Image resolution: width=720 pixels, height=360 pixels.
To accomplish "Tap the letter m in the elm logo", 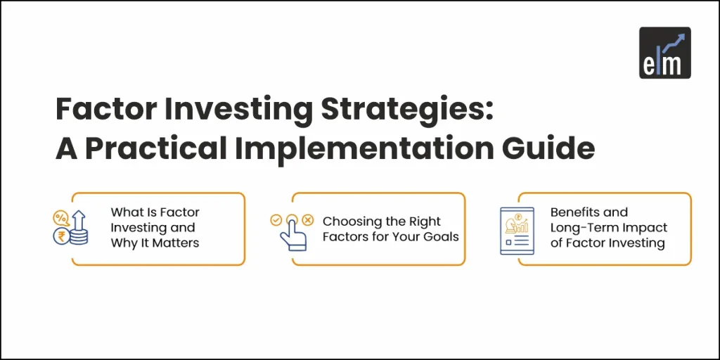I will click(x=674, y=64).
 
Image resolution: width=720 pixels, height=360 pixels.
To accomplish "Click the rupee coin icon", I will click(x=60, y=237).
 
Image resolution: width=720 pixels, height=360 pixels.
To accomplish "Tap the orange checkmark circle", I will click(x=276, y=219).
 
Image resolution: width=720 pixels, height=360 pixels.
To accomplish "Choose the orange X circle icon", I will click(x=307, y=219).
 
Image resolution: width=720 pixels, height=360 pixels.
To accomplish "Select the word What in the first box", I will click(x=126, y=212).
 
